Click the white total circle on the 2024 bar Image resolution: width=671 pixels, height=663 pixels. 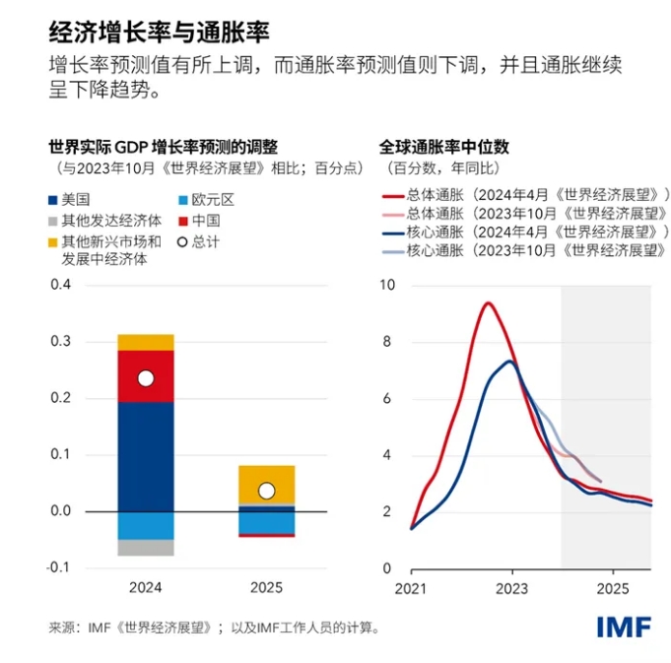tap(146, 378)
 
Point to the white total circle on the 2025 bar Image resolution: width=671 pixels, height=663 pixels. tap(266, 491)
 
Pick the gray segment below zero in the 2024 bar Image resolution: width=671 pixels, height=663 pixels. tap(146, 548)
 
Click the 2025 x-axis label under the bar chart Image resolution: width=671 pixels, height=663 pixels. tap(266, 588)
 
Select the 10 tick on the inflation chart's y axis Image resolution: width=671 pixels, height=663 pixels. tap(386, 286)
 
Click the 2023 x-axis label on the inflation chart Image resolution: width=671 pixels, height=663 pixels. tap(511, 588)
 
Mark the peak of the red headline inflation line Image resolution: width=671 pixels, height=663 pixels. tap(487, 302)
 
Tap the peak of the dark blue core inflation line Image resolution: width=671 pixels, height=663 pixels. tap(509, 361)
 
